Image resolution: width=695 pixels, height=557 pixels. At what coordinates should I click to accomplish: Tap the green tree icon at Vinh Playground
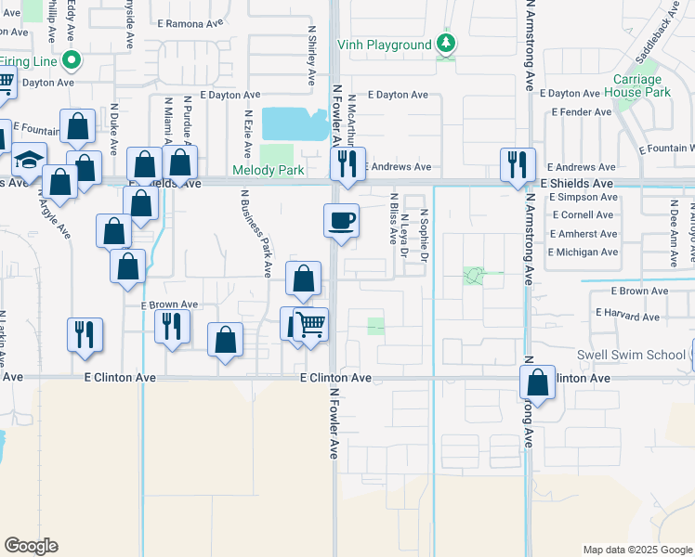coord(447,44)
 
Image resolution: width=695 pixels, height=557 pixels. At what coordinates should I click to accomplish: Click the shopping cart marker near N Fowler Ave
coord(311,325)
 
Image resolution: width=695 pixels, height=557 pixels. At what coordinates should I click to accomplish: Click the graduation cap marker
coord(29,159)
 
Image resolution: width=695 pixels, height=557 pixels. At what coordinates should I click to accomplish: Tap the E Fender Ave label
coord(582,112)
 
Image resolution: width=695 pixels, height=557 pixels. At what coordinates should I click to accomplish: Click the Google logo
coord(31,546)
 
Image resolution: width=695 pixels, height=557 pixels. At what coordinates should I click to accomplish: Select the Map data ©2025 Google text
coord(637,550)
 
